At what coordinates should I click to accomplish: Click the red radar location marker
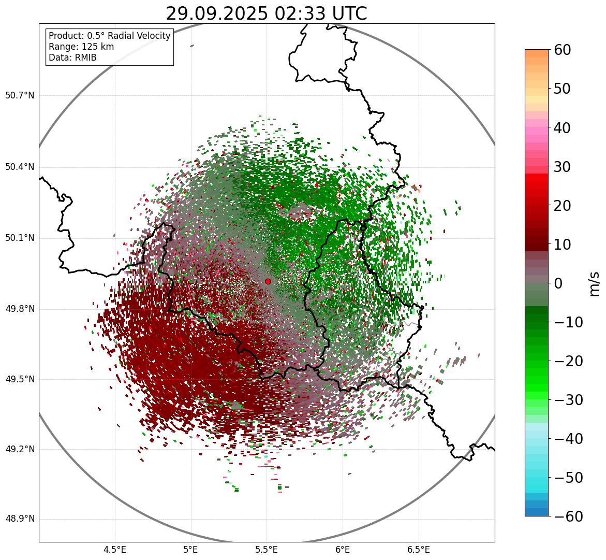tap(268, 281)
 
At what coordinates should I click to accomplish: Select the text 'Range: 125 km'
tap(81, 47)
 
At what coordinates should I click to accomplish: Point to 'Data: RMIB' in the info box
tap(72, 58)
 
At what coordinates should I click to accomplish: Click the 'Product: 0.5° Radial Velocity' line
tap(109, 36)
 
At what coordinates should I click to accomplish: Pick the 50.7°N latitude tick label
tap(19, 95)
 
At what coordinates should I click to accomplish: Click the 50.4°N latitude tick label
tap(19, 167)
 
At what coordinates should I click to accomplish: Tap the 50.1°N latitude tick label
tap(19, 238)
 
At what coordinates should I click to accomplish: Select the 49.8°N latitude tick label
tap(19, 309)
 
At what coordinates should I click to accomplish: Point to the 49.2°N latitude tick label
tap(19, 449)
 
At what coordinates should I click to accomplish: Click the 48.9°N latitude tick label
tap(19, 519)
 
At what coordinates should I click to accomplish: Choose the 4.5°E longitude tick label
tap(115, 550)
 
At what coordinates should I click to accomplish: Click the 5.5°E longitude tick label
tap(267, 550)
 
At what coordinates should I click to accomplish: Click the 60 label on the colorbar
tap(563, 50)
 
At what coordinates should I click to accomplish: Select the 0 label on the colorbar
tap(558, 283)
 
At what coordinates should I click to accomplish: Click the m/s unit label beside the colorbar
tap(594, 283)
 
